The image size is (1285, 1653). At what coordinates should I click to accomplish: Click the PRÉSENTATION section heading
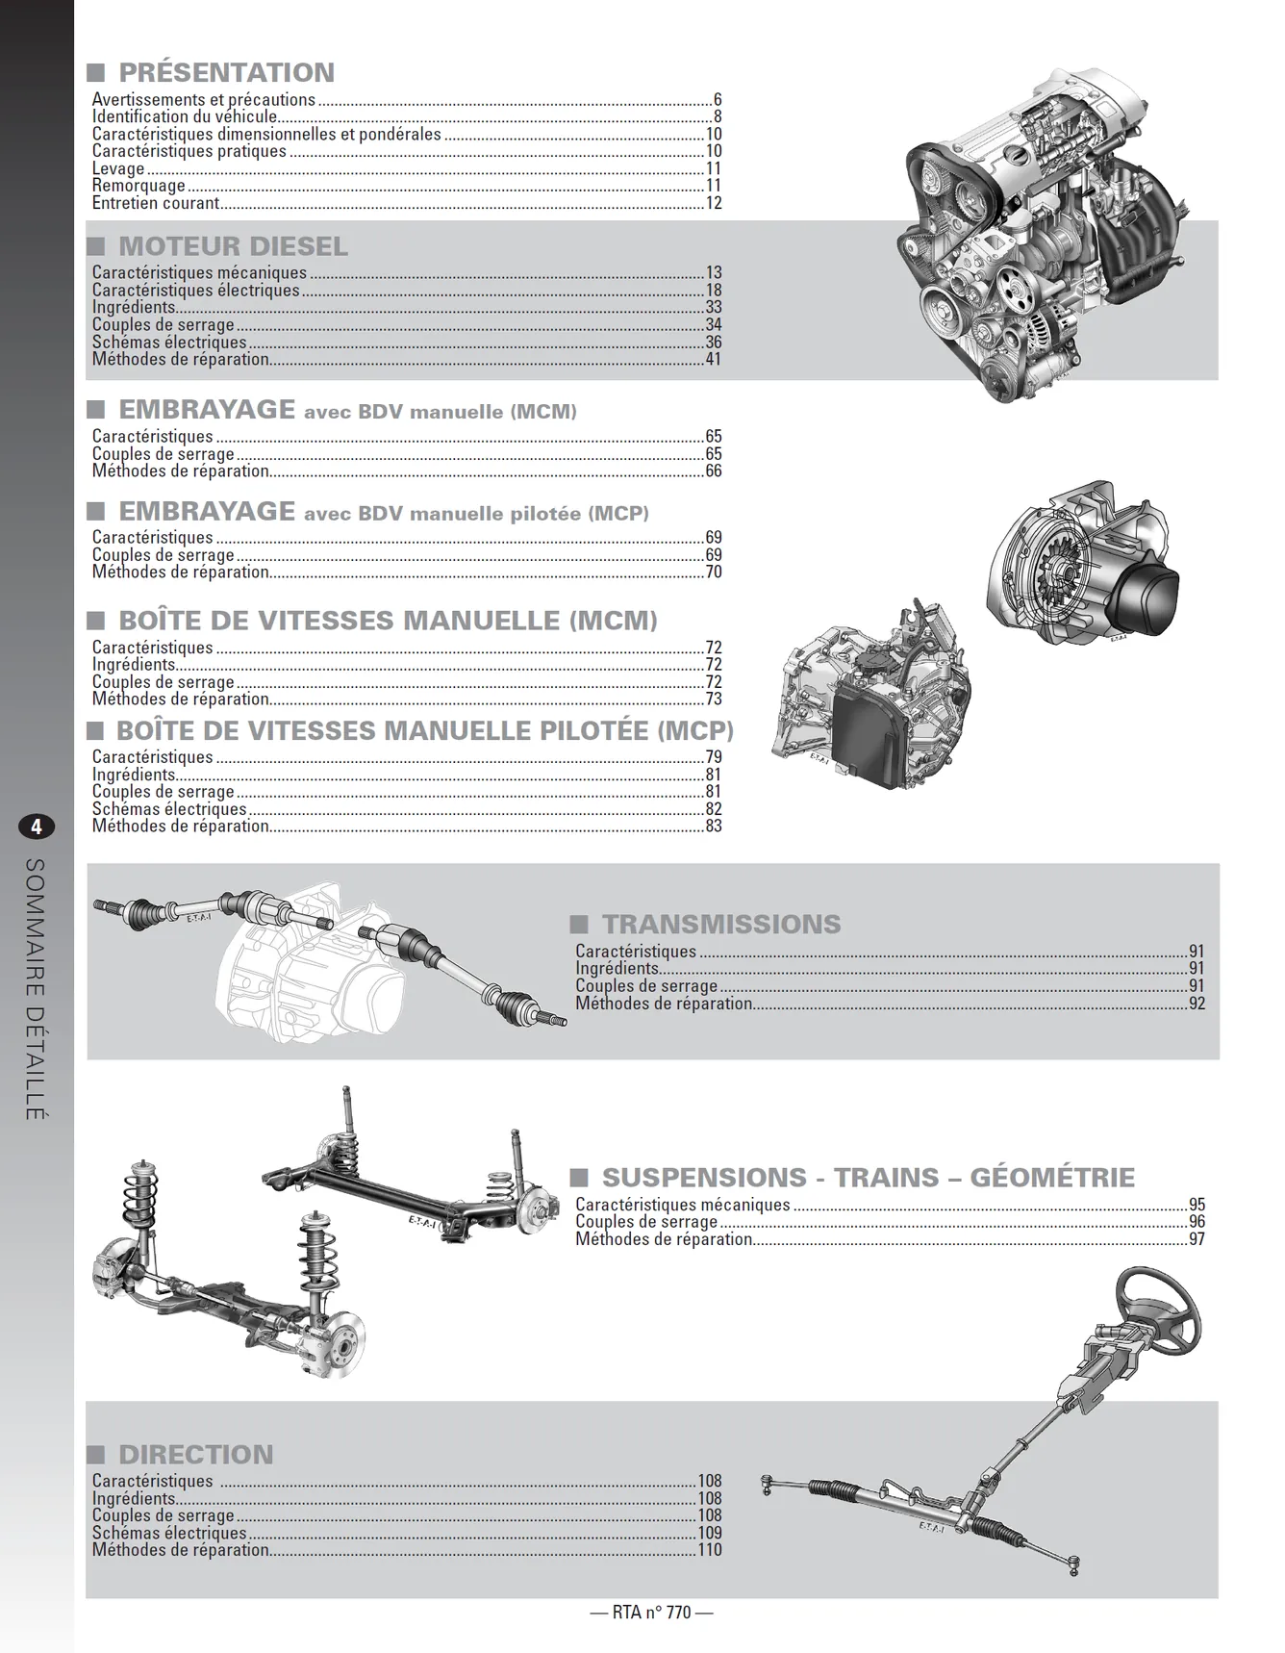(226, 73)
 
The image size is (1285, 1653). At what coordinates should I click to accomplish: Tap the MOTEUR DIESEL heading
(233, 246)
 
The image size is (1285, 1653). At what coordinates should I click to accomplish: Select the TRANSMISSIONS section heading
(721, 925)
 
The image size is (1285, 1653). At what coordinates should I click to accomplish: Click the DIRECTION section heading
(196, 1455)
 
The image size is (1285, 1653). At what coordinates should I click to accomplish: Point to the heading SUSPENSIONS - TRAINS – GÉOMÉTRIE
(869, 1178)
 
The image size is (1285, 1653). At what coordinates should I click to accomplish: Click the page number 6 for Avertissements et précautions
(718, 100)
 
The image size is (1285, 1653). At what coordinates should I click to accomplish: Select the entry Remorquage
(139, 186)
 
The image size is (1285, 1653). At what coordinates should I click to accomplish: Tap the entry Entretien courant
(156, 203)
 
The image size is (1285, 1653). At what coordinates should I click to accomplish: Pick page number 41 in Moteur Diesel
(714, 360)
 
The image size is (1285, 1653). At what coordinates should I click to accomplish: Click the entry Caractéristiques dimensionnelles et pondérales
(266, 135)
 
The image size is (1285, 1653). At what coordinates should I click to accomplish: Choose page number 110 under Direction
(710, 1550)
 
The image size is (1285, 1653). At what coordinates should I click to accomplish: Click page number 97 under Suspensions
(1197, 1239)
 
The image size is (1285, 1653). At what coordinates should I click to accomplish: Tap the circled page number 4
(37, 826)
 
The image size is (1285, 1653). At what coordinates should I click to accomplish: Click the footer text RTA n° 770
(651, 1613)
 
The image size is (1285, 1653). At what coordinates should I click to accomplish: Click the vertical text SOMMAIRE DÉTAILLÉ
(36, 988)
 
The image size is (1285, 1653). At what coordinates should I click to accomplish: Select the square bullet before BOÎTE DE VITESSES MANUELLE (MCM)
(96, 621)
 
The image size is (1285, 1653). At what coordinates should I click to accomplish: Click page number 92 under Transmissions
(1197, 1004)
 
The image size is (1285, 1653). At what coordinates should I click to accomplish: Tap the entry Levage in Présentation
(118, 169)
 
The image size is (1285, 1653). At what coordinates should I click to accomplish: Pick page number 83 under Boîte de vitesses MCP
(714, 826)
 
